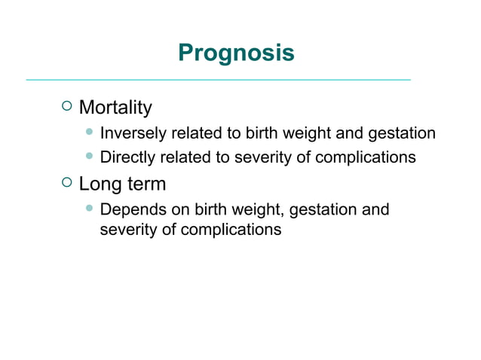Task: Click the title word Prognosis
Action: [x=236, y=53]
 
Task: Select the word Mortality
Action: [x=115, y=108]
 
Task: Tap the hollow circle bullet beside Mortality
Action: [x=66, y=106]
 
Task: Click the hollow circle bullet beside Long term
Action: [x=66, y=182]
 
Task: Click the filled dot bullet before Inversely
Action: [x=90, y=133]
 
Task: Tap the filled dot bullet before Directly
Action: [x=90, y=157]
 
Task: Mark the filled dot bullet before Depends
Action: [x=90, y=208]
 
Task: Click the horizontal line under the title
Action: [x=219, y=79]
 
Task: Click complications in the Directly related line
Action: [x=365, y=157]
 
